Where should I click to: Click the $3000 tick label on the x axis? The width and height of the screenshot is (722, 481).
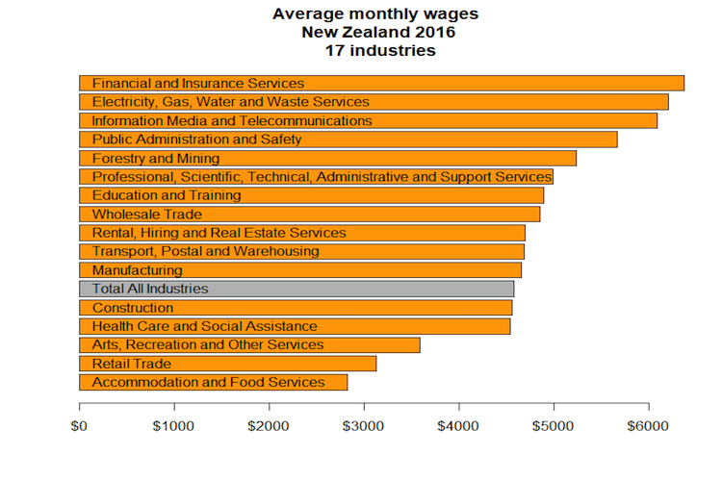pos(363,426)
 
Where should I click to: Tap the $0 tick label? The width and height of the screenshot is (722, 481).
pos(79,426)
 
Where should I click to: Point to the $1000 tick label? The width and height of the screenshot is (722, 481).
pos(173,426)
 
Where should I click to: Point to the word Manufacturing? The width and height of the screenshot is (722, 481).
pos(137,270)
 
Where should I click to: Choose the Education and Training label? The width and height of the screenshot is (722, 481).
pos(167,195)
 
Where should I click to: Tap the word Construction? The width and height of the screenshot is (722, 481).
pos(133,308)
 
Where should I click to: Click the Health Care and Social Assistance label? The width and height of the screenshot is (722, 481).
pos(204,326)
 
